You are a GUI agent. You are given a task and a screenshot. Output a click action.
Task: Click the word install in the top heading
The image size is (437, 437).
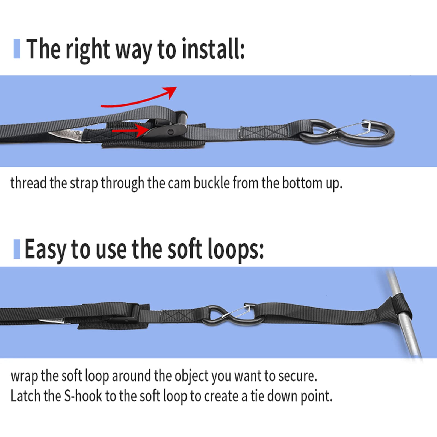(213, 49)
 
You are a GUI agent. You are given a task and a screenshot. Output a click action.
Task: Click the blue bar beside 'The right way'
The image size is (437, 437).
(17, 49)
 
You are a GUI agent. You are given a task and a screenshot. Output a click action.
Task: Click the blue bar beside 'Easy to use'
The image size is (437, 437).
(17, 249)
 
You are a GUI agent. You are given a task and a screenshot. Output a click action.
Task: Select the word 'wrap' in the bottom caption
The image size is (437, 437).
(24, 377)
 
